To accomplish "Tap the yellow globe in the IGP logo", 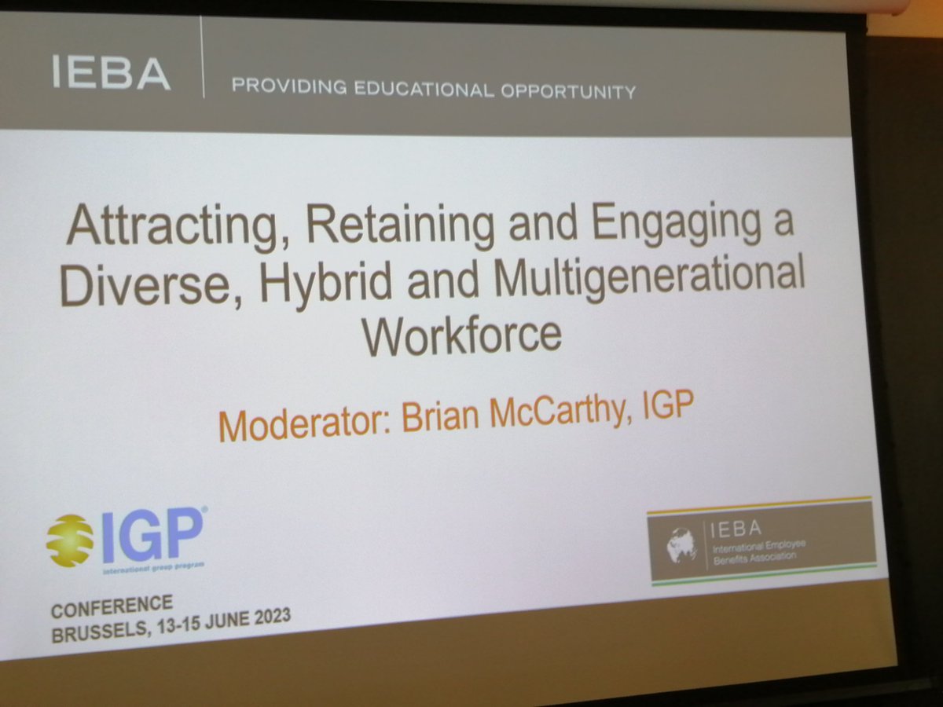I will click(x=70, y=540).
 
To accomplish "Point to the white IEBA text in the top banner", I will click(x=111, y=74).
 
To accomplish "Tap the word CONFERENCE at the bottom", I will click(x=112, y=606).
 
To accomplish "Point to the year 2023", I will click(x=267, y=615).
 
